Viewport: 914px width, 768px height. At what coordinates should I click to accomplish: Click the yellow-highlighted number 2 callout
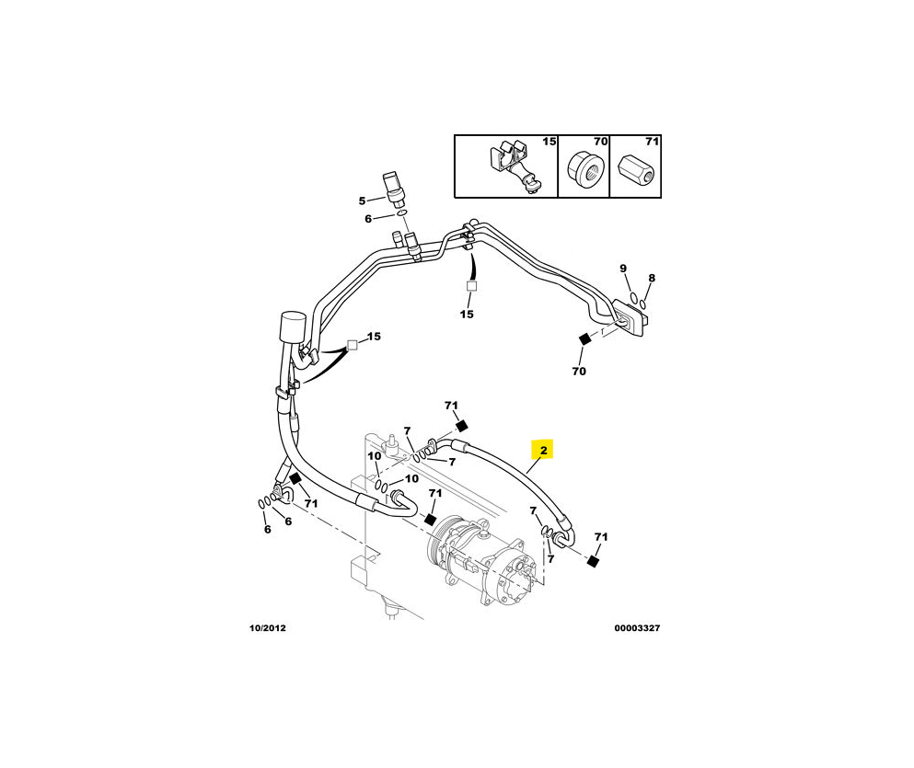pyautogui.click(x=542, y=450)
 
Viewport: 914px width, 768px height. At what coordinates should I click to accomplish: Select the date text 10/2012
pyautogui.click(x=268, y=628)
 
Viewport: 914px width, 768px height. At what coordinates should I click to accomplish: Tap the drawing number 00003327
pyautogui.click(x=637, y=628)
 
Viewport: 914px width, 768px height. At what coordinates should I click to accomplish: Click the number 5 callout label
pyautogui.click(x=362, y=201)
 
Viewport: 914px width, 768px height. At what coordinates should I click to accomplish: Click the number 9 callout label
pyautogui.click(x=623, y=269)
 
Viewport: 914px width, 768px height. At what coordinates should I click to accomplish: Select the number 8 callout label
pyautogui.click(x=652, y=279)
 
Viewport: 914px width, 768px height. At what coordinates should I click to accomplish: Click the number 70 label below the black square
pyautogui.click(x=579, y=371)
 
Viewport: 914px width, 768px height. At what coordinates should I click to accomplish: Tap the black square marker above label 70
pyautogui.click(x=584, y=338)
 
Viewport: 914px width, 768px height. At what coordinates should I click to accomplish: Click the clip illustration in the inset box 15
pyautogui.click(x=515, y=167)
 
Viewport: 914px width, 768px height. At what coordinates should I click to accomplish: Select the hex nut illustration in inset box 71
pyautogui.click(x=636, y=168)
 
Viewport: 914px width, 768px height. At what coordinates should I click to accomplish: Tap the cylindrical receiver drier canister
pyautogui.click(x=294, y=327)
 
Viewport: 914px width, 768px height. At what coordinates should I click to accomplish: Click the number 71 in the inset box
pyautogui.click(x=653, y=142)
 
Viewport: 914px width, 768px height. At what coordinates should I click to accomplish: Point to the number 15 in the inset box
pyautogui.click(x=550, y=142)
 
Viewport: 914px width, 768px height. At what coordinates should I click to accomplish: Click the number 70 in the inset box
pyautogui.click(x=600, y=142)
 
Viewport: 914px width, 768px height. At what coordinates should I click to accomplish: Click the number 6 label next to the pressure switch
pyautogui.click(x=368, y=219)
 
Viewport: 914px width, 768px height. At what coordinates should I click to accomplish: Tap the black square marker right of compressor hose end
pyautogui.click(x=594, y=561)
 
